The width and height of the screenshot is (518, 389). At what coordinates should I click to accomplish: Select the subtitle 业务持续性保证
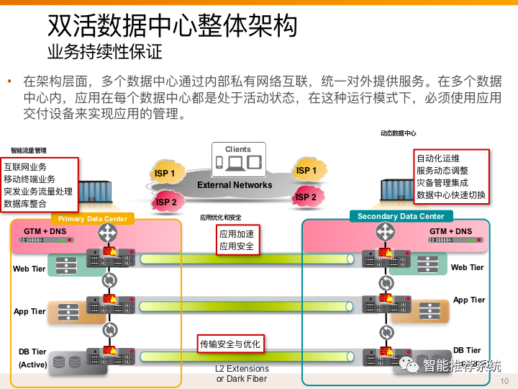[x=104, y=51]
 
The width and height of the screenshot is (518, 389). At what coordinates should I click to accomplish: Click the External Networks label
[x=235, y=185]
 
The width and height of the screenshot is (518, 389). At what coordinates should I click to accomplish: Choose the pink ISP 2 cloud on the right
[x=306, y=197]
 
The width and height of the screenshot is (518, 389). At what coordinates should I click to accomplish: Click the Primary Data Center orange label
[x=93, y=218]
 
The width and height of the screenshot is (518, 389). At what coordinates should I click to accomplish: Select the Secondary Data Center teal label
[x=401, y=216]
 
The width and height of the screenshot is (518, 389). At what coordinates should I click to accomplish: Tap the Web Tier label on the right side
[x=467, y=267]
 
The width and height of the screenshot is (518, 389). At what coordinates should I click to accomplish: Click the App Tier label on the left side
[x=29, y=312]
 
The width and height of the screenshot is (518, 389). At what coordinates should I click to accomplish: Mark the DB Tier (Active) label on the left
[x=32, y=358]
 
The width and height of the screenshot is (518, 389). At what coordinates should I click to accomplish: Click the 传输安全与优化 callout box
[x=230, y=344]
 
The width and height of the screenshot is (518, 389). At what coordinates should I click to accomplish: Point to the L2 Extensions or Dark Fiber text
[x=242, y=374]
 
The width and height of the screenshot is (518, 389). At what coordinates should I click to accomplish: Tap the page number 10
[x=504, y=380]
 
